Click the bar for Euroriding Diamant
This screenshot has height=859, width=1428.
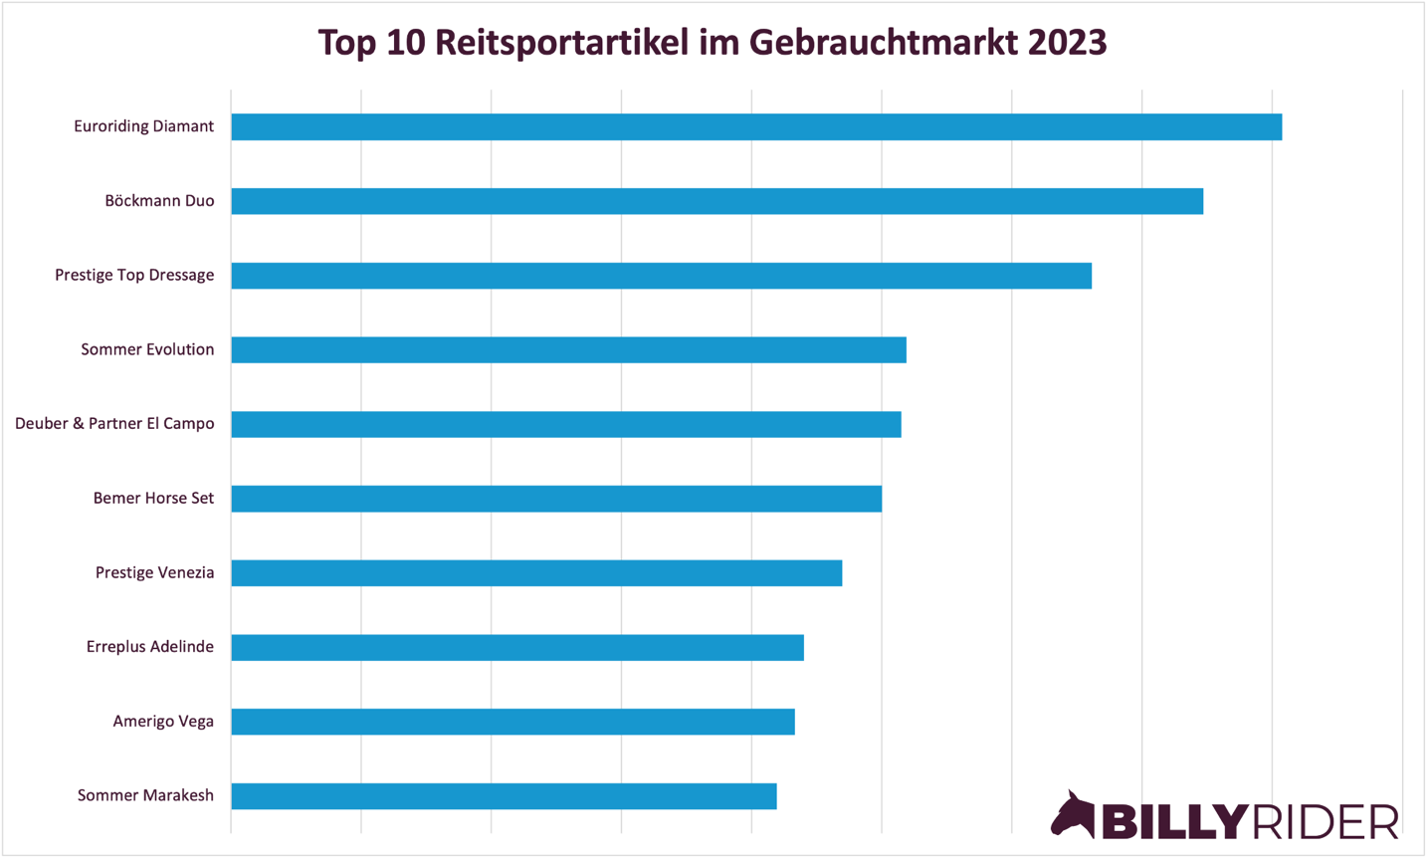click(x=756, y=126)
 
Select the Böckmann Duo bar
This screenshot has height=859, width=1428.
click(x=716, y=201)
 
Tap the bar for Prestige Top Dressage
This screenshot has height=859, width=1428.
click(x=661, y=276)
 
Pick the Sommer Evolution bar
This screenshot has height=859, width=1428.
click(x=568, y=349)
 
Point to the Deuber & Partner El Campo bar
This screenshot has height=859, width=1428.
click(x=565, y=424)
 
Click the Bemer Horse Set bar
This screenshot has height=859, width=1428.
click(x=556, y=499)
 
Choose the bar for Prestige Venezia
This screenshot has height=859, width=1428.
click(x=536, y=572)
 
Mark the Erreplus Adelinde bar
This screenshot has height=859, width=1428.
click(x=517, y=647)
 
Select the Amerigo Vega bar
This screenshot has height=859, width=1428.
click(x=512, y=722)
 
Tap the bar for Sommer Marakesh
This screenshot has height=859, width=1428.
click(x=504, y=796)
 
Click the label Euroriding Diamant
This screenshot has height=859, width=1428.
click(x=143, y=126)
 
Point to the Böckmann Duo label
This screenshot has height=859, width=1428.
click(x=159, y=201)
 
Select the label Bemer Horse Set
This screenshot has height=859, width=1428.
click(x=153, y=498)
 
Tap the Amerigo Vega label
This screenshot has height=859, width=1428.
click(x=163, y=722)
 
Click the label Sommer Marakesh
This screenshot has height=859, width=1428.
click(x=145, y=795)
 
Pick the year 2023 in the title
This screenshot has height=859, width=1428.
click(x=1067, y=43)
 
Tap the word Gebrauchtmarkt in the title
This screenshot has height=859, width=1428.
click(x=884, y=43)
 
